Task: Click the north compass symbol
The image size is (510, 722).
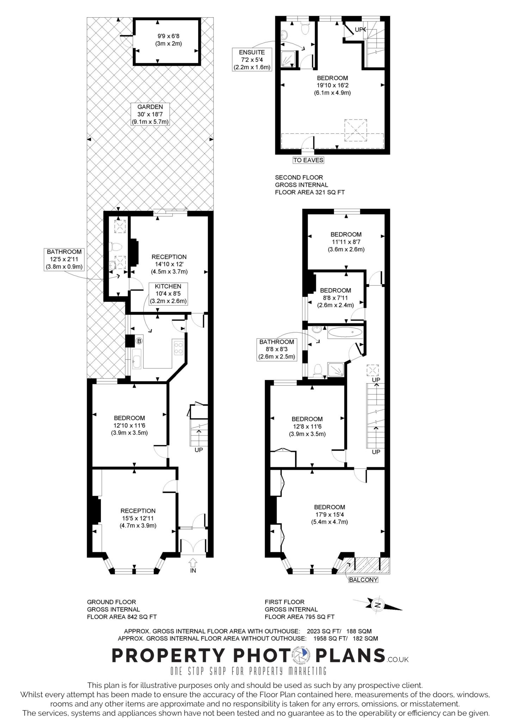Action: pyautogui.click(x=377, y=605)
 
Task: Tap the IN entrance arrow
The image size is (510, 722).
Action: pyautogui.click(x=193, y=562)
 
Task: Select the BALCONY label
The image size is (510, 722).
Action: pyautogui.click(x=363, y=580)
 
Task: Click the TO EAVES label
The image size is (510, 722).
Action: pyautogui.click(x=308, y=160)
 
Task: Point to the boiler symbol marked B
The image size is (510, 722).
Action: pyautogui.click(x=139, y=341)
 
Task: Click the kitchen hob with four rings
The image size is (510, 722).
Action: pyautogui.click(x=178, y=347)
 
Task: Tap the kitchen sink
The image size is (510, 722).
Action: pyautogui.click(x=137, y=359)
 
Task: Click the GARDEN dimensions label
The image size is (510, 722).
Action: pyautogui.click(x=150, y=114)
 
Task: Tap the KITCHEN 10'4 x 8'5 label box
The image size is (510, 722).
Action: pyautogui.click(x=168, y=294)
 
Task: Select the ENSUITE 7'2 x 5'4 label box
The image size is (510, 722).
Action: pyautogui.click(x=252, y=60)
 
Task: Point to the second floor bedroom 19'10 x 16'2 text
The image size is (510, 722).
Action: pyautogui.click(x=332, y=85)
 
